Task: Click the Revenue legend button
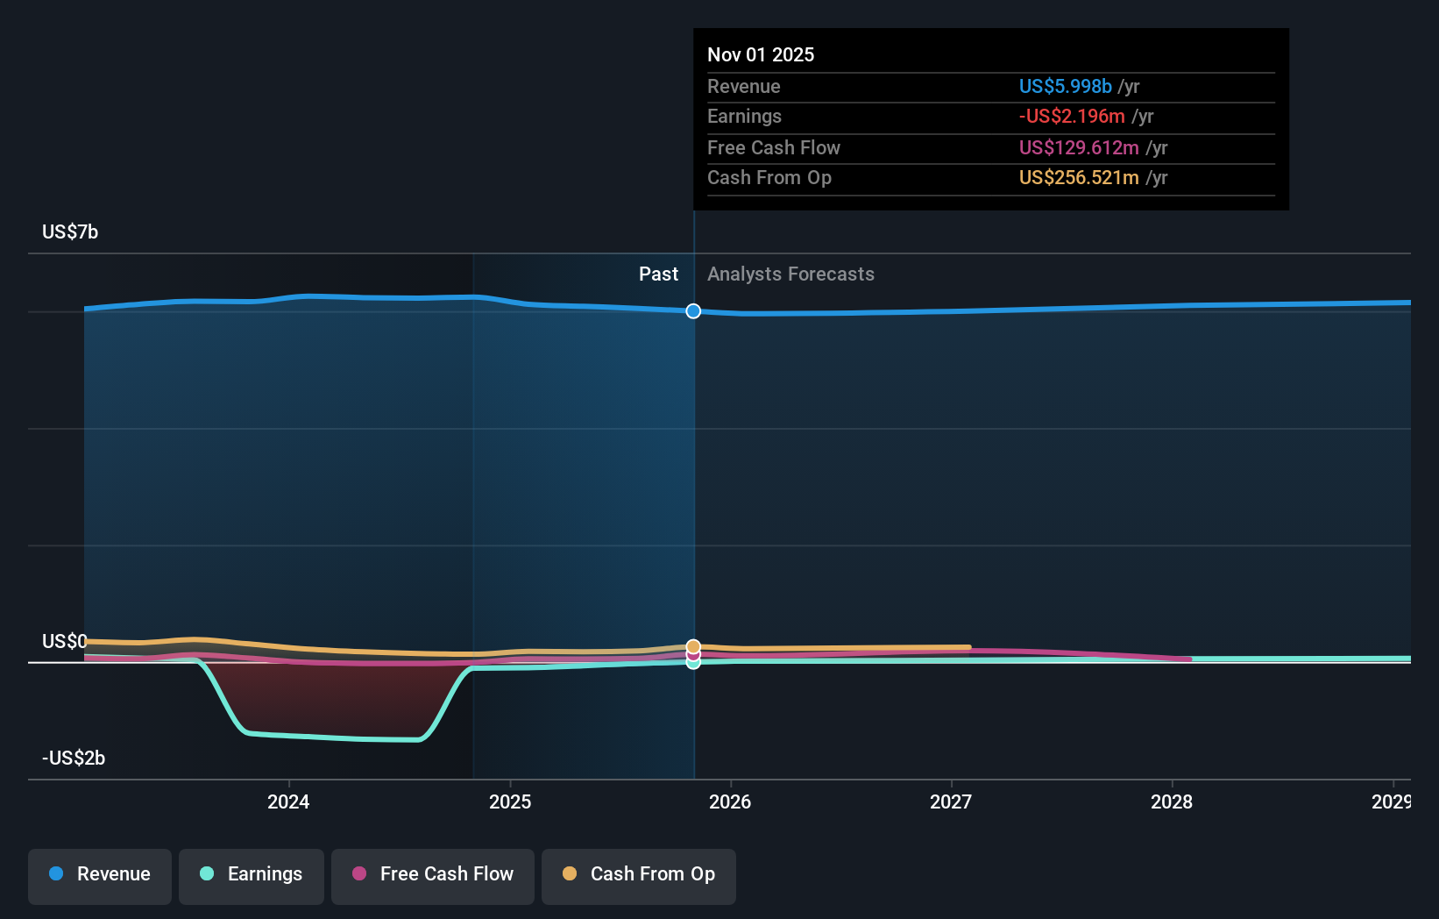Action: [100, 874]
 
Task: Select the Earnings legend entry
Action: [252, 874]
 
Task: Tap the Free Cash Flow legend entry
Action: [433, 874]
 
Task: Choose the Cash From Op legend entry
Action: [639, 874]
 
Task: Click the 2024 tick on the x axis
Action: [288, 801]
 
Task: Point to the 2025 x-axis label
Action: [510, 801]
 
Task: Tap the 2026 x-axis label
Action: [730, 801]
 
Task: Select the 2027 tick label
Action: [951, 801]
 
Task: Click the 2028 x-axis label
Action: [1172, 801]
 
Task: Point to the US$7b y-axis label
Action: [70, 232]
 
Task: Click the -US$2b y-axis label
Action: [74, 758]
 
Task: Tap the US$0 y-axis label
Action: [64, 641]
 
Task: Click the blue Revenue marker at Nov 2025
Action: [693, 311]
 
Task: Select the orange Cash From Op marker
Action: [693, 646]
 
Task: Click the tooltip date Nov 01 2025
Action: [761, 54]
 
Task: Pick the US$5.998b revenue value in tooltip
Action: [1065, 86]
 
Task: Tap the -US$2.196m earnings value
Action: [1071, 116]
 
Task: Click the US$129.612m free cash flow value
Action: [1078, 147]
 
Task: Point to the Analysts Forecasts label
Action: [790, 274]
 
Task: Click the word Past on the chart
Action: [658, 274]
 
